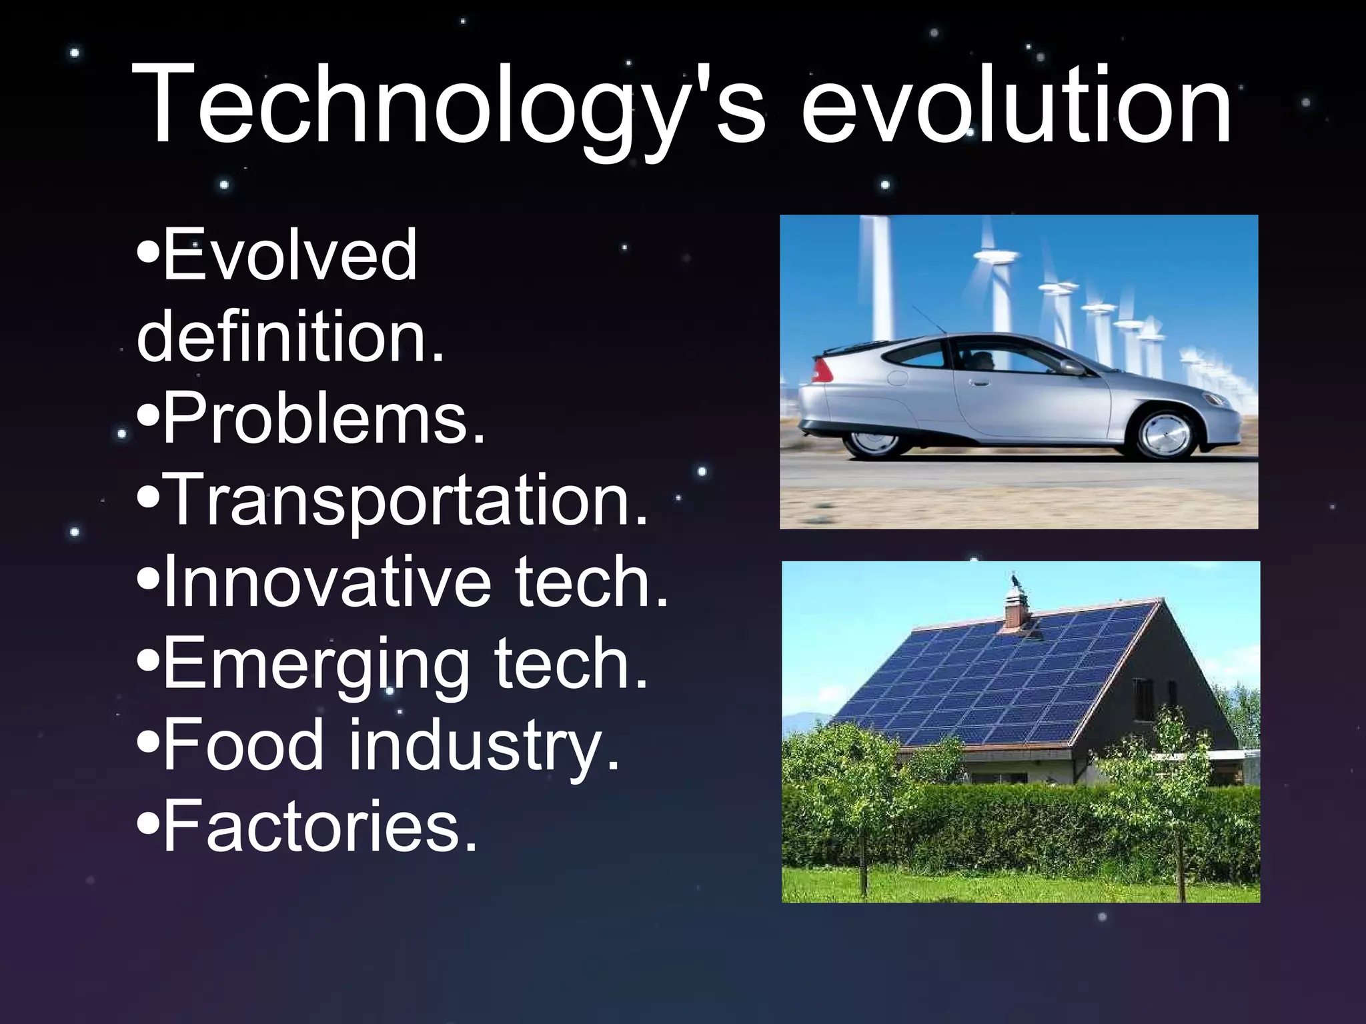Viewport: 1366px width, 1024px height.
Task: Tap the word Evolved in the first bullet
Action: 289,255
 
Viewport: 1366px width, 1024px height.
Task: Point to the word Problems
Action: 323,419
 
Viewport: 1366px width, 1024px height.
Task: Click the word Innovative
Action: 327,582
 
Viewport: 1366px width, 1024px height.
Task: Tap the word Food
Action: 243,745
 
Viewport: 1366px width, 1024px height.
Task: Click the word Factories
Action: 320,827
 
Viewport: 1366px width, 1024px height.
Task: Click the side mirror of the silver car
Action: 1072,367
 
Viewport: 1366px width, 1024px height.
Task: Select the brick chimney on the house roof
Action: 1016,610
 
